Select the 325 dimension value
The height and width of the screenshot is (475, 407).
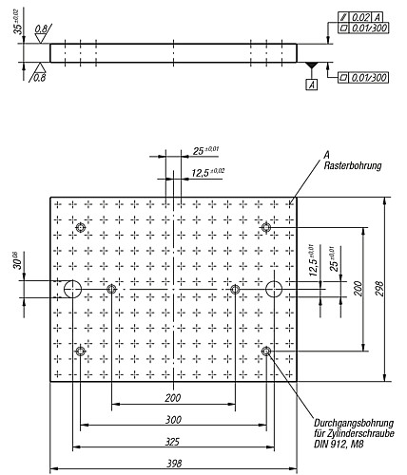pos(172,441)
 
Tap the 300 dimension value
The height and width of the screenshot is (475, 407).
pos(172,419)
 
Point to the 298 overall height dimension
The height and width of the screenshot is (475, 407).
pos(380,290)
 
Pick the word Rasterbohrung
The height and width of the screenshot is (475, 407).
pos(352,165)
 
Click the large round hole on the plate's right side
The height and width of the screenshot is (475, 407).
pos(274,289)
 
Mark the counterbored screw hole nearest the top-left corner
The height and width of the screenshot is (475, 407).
pos(81,227)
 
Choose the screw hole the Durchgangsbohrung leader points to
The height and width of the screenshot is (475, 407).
pos(266,351)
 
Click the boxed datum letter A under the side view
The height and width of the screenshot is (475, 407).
pos(311,85)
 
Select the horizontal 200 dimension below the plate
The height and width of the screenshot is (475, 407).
pos(172,398)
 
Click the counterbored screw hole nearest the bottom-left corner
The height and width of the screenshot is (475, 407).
pos(81,351)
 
